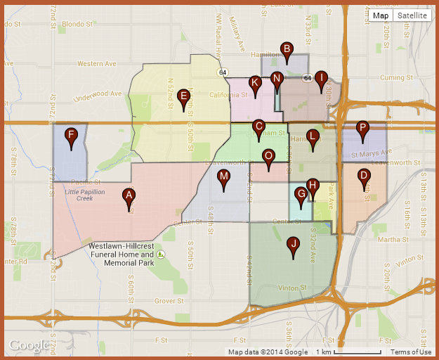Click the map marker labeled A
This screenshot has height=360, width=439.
click(129, 197)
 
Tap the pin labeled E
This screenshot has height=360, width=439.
click(184, 98)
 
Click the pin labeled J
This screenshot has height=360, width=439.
click(294, 246)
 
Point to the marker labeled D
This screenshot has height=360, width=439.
click(363, 177)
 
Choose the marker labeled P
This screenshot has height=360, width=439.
click(362, 130)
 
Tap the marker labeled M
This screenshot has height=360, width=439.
click(224, 178)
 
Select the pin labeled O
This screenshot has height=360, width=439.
click(268, 157)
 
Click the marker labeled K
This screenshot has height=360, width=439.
click(255, 84)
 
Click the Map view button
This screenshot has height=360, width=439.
click(381, 15)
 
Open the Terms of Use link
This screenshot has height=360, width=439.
click(411, 352)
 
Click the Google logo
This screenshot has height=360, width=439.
click(29, 345)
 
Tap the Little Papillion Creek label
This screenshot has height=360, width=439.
click(89, 195)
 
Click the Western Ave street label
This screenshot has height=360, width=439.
click(96, 63)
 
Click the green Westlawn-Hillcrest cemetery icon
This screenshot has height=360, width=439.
click(161, 254)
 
